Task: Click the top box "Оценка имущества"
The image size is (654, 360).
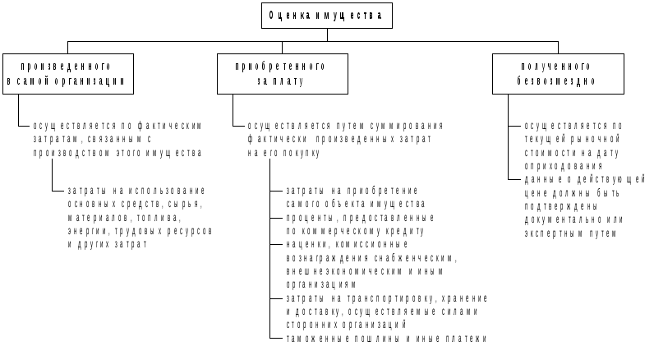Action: (x=325, y=15)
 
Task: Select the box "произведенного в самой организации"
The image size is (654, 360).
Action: (x=66, y=73)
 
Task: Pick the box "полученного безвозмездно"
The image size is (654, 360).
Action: (x=556, y=73)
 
